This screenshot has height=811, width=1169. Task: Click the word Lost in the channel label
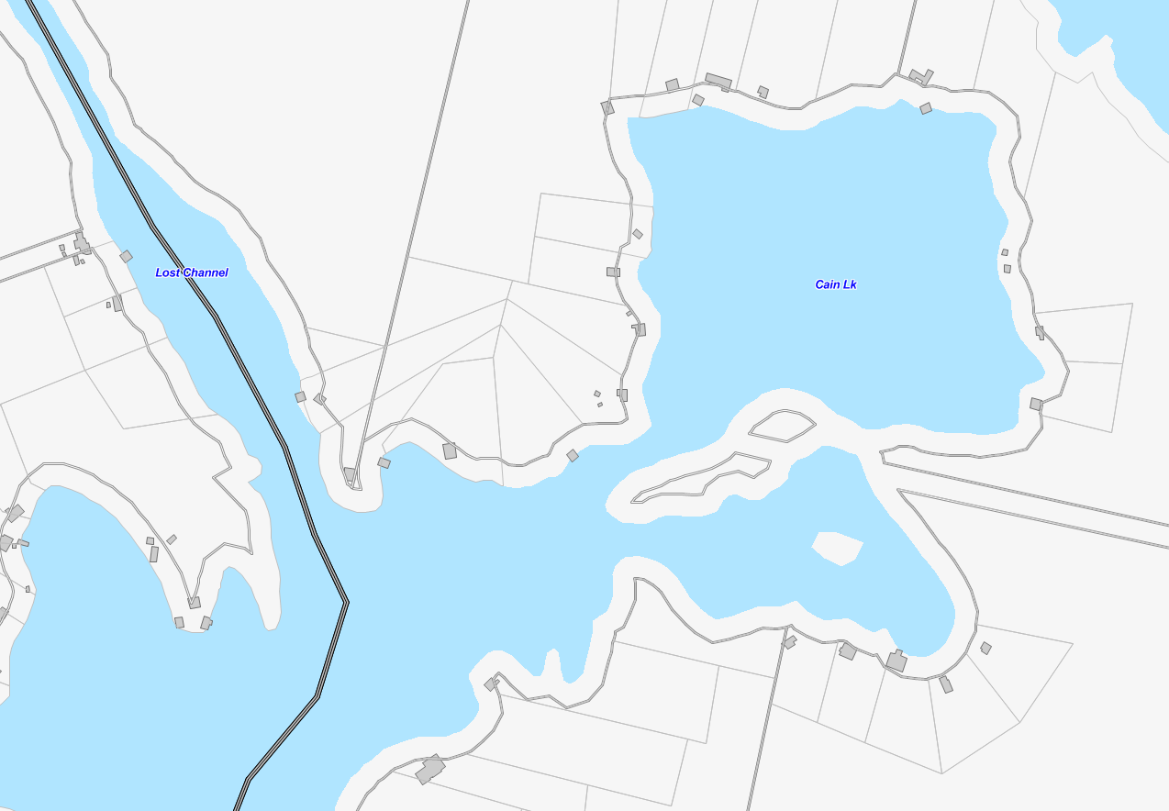[168, 272]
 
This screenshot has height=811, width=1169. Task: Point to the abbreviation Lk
[850, 284]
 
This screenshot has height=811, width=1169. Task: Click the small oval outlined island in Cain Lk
[782, 425]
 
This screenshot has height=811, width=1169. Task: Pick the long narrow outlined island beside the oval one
[703, 477]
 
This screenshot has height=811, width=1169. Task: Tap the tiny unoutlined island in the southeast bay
[837, 548]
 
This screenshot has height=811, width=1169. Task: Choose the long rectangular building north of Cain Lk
[718, 81]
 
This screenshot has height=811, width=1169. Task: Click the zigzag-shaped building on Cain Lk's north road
[920, 76]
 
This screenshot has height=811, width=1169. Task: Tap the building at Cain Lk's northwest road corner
[607, 107]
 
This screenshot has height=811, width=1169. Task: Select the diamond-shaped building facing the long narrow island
[573, 455]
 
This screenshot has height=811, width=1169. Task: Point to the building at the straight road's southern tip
[350, 474]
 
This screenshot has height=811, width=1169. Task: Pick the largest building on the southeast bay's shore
[896, 661]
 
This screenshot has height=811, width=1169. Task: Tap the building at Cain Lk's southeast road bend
[1036, 404]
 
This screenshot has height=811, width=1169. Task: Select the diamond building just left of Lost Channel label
[126, 256]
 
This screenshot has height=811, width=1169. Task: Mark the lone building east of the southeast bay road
[985, 648]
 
